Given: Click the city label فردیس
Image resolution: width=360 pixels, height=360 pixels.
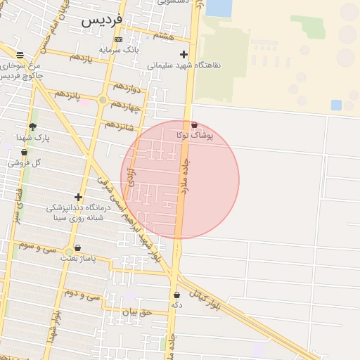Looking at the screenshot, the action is (102, 20).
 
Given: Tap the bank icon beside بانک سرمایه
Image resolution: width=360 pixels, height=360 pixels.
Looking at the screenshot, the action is (118, 40).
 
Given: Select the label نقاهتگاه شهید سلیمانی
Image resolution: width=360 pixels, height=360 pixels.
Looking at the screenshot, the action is (184, 65).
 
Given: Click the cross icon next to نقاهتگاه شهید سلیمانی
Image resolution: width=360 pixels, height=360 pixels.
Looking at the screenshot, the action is (184, 54).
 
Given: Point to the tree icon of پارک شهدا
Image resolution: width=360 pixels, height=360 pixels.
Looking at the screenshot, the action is (32, 127).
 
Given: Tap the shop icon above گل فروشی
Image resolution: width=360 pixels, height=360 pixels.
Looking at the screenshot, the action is (24, 152).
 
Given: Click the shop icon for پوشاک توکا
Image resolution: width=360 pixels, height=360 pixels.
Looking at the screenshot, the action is (194, 124).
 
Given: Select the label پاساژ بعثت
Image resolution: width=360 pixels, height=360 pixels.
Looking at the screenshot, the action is (77, 259).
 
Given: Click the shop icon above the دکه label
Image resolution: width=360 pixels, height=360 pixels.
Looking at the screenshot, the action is (176, 295).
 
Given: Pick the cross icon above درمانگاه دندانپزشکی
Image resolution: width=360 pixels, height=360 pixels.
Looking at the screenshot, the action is (78, 198).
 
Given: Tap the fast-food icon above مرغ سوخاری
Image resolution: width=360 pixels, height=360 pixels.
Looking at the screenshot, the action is (20, 55).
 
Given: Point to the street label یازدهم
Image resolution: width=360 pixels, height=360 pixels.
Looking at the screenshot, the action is (81, 56).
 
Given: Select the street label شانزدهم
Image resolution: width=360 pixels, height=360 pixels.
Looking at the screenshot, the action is (118, 126).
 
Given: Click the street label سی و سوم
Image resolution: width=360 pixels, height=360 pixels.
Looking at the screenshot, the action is (38, 247).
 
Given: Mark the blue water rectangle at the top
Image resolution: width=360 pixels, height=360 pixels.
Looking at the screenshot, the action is (219, 8).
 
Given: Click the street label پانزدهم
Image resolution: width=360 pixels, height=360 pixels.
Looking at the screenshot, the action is (68, 94).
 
